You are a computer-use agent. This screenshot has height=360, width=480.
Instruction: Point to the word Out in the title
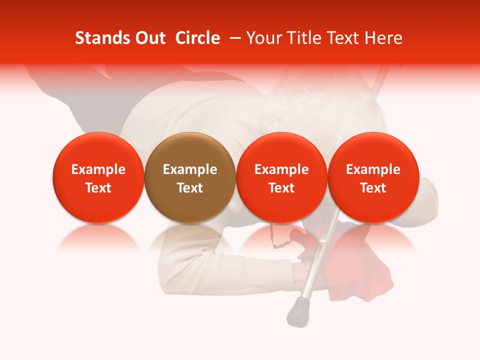coord(148,38)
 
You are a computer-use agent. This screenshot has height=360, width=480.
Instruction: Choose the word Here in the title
coord(383,38)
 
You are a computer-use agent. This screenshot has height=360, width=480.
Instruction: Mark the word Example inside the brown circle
coord(190,169)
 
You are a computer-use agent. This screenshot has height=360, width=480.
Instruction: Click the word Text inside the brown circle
coord(190,188)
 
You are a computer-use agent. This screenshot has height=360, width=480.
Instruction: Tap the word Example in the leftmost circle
coord(98,169)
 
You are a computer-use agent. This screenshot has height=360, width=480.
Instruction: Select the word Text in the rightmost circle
coord(373,188)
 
